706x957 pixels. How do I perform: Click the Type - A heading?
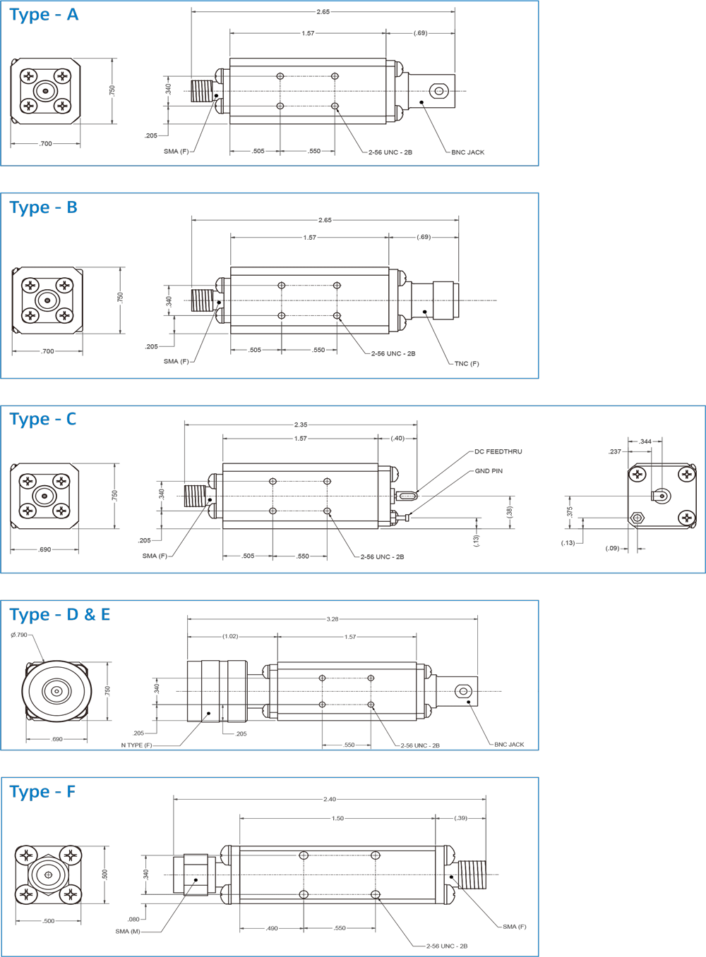[44, 15]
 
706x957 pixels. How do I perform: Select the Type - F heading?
[42, 792]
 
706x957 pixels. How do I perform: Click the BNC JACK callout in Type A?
[467, 152]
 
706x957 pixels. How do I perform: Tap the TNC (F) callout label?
[466, 364]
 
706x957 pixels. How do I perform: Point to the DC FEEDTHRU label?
[498, 452]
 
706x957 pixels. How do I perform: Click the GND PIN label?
[489, 471]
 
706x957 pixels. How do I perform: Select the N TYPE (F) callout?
[136, 745]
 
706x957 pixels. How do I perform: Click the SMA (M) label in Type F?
[127, 932]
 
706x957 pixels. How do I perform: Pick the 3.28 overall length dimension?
[332, 619]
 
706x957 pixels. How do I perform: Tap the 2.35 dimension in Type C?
[301, 425]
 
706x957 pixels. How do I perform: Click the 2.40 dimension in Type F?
[330, 799]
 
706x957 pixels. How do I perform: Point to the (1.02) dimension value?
[230, 637]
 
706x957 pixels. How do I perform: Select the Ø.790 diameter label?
[19, 635]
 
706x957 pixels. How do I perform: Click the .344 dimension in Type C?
[645, 441]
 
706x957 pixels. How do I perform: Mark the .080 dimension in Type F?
[133, 920]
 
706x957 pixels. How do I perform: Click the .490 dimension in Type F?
[272, 928]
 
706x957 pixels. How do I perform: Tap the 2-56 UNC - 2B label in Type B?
[393, 354]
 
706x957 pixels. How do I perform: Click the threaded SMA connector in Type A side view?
[202, 91]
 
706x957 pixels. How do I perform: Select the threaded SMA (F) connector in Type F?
[472, 874]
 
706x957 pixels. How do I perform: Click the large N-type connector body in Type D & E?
[216, 691]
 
